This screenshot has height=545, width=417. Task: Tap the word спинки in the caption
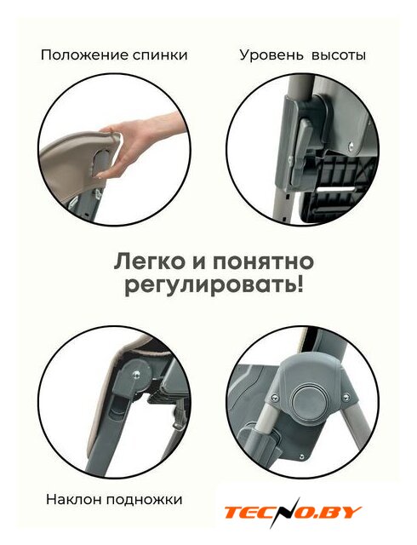[x=160, y=55]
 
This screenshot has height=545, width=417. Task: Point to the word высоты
[x=339, y=55]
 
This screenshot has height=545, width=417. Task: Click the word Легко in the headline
[x=150, y=263]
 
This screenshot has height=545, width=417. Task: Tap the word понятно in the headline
[x=263, y=263]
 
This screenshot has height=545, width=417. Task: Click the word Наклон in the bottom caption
[x=74, y=500]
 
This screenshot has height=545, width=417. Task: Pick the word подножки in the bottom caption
[x=145, y=500]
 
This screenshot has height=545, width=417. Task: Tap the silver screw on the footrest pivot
[x=136, y=375]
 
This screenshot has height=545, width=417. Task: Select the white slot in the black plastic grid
[x=335, y=189]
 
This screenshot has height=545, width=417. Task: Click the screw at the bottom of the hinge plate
[x=301, y=456]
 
